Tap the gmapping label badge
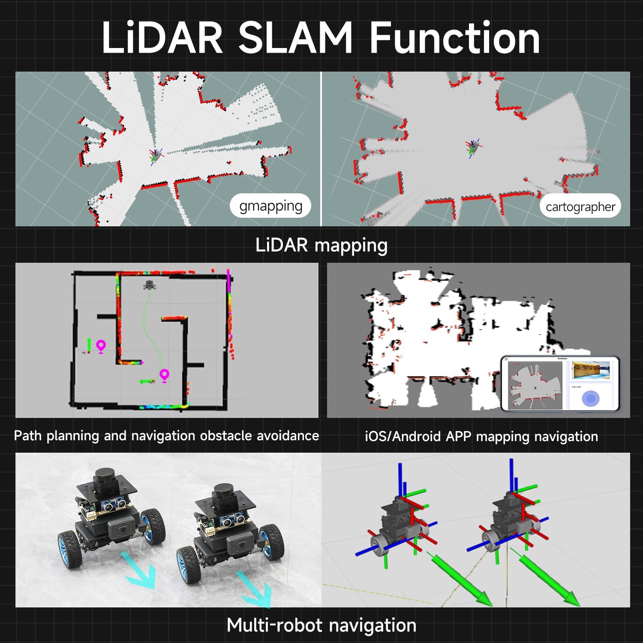coord(270,206)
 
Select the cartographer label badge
coord(580,207)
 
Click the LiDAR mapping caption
coord(321,245)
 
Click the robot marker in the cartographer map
coord(473,147)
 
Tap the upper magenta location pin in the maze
coord(101,346)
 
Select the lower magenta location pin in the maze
coord(164,375)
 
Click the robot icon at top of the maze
coord(149,285)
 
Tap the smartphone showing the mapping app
coord(560,384)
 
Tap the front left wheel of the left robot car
coord(70,550)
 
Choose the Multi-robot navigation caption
coord(321,625)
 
